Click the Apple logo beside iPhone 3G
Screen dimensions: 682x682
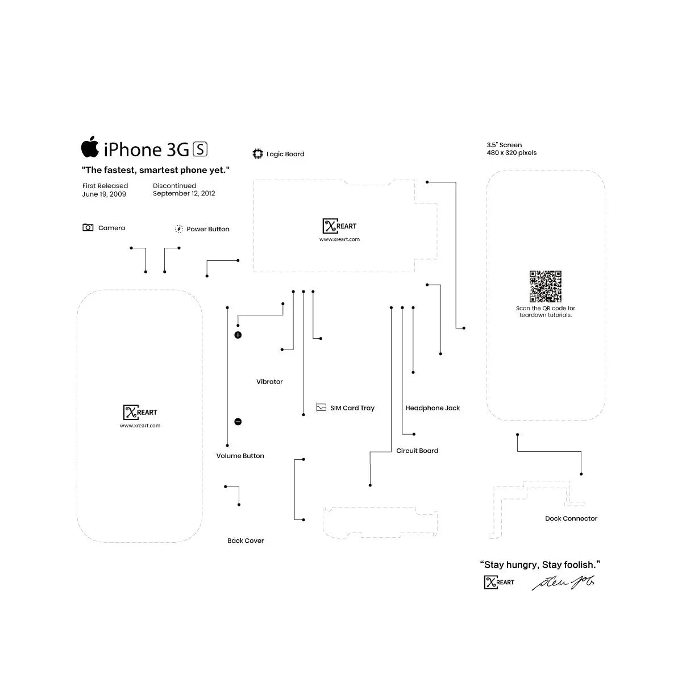pyautogui.click(x=90, y=147)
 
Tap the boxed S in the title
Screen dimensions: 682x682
pyautogui.click(x=201, y=149)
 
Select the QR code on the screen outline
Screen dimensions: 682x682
pyautogui.click(x=546, y=286)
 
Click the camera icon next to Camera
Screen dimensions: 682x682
pyautogui.click(x=88, y=228)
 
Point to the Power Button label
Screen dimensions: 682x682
pyautogui.click(x=208, y=229)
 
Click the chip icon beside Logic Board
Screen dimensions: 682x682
pyautogui.click(x=258, y=154)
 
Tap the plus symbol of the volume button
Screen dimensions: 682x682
pyautogui.click(x=238, y=335)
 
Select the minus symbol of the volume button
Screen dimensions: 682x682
pyautogui.click(x=238, y=422)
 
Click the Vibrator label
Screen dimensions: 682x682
pyautogui.click(x=269, y=382)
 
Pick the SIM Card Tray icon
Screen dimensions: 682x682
pyautogui.click(x=321, y=407)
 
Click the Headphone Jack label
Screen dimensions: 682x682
pyautogui.click(x=433, y=408)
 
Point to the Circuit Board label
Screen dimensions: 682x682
pyautogui.click(x=417, y=451)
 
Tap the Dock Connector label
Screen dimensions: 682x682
pyautogui.click(x=571, y=518)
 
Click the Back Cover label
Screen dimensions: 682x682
pyautogui.click(x=246, y=540)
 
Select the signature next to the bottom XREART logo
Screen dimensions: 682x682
pyautogui.click(x=563, y=583)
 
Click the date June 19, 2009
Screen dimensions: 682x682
pyautogui.click(x=104, y=194)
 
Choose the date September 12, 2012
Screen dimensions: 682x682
pyautogui.click(x=184, y=194)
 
